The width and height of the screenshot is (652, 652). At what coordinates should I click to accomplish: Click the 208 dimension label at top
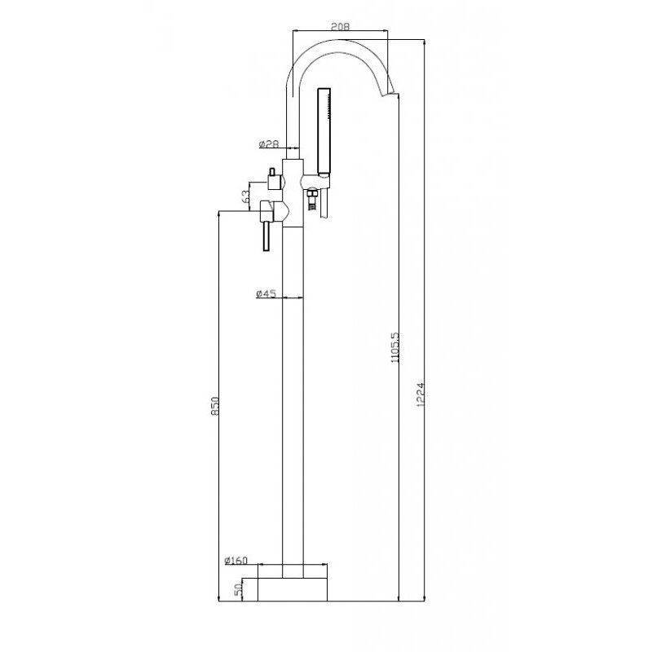(x=340, y=26)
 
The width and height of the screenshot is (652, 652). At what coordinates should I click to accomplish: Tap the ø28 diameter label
(x=268, y=144)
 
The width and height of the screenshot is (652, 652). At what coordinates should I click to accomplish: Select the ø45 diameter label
(x=266, y=293)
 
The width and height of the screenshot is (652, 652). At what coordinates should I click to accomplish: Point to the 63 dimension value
(x=246, y=196)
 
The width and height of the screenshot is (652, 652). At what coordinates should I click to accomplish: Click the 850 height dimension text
(x=214, y=406)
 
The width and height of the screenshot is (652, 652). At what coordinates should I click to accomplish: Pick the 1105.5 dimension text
(x=395, y=347)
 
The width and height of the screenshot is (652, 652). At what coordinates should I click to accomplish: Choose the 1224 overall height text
(x=421, y=394)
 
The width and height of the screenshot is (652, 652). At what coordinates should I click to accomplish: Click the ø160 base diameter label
(x=236, y=561)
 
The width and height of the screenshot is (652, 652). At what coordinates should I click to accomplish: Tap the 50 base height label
(x=238, y=590)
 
